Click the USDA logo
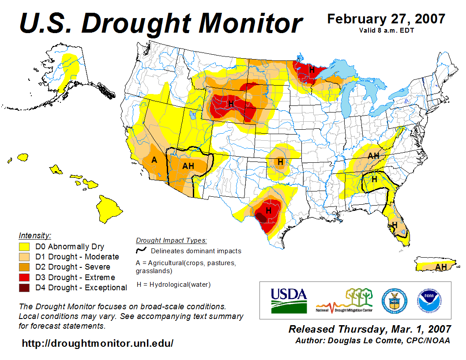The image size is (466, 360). (x=289, y=300)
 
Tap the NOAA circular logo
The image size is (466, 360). (x=429, y=300)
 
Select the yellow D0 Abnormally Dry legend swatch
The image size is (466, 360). (x=24, y=247)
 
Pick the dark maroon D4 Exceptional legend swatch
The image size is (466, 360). (x=24, y=288)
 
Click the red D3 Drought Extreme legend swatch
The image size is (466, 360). (x=24, y=277)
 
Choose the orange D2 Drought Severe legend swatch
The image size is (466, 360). (x=24, y=267)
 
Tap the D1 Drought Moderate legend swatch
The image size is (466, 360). (x=24, y=257)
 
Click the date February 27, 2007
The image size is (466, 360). (x=386, y=19)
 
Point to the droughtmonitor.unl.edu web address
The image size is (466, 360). (x=98, y=343)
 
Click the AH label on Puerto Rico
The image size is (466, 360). (x=440, y=267)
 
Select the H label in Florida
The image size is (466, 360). (x=395, y=225)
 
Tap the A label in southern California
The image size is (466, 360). (x=154, y=160)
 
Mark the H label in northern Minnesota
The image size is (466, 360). (x=312, y=70)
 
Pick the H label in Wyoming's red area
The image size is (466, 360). (x=231, y=104)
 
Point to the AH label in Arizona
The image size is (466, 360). (x=188, y=166)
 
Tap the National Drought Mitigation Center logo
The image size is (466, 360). (x=344, y=300)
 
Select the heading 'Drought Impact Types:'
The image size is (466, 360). (x=171, y=240)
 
